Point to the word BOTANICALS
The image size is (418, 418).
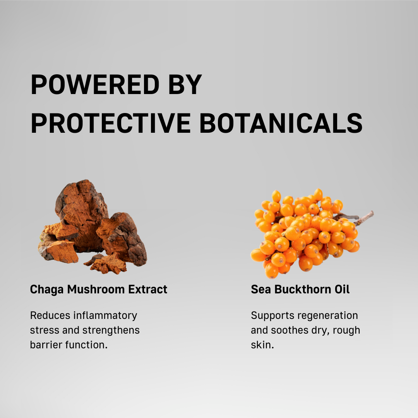[281, 123]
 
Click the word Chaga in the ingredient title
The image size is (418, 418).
[47, 290]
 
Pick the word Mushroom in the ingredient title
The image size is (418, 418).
[96, 289]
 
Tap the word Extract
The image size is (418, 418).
[148, 289]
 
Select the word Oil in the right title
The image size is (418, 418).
[342, 289]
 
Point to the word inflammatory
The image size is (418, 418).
[105, 316]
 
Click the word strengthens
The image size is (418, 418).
[111, 331]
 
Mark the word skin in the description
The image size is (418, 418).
[262, 345]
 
